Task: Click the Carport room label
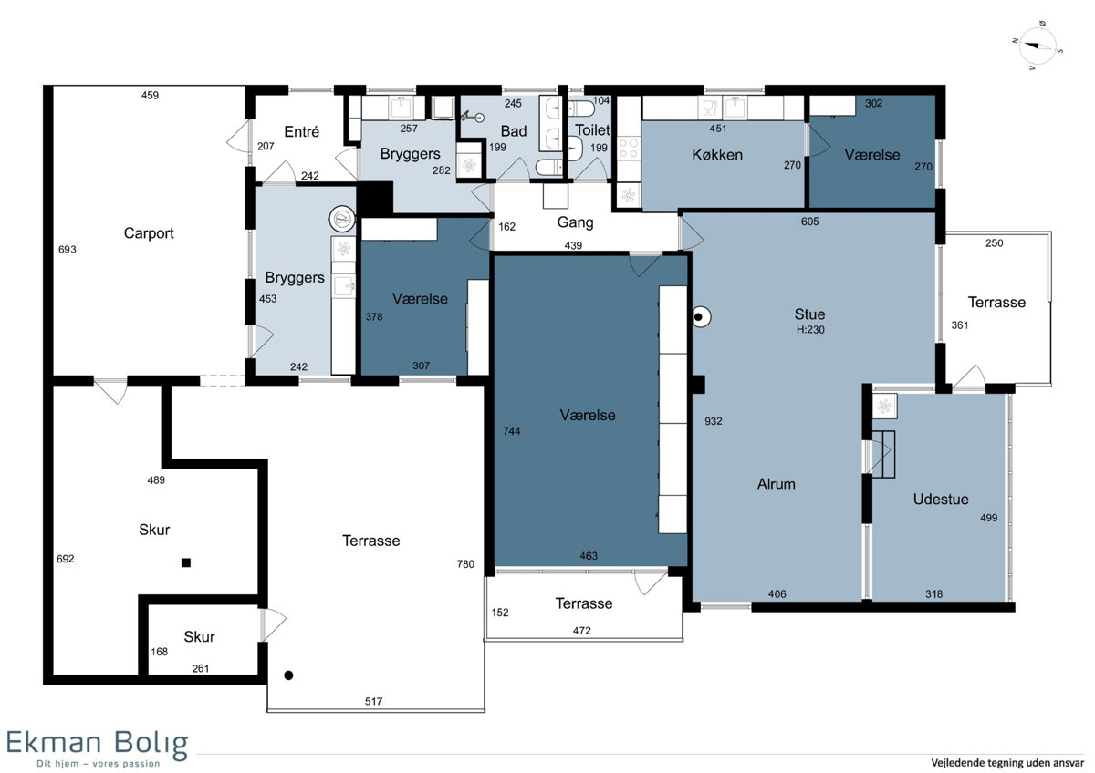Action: coord(149,233)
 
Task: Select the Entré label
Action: coord(302,131)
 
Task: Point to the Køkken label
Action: coord(717,155)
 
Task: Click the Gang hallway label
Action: coord(576,222)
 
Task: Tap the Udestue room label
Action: coord(941,499)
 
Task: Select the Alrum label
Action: coord(777,484)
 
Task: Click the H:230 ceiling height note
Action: coord(810,330)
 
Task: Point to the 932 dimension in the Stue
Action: coord(714,421)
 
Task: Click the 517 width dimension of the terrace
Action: coord(373,701)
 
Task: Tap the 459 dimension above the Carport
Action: coord(150,95)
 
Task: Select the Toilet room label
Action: coord(592,129)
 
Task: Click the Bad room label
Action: coord(514,131)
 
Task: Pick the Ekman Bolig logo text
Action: coord(98,742)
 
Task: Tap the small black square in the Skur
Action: coord(186,562)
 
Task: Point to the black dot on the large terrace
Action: coord(288,675)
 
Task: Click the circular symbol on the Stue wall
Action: coord(701,317)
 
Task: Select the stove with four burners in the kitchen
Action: coord(628,148)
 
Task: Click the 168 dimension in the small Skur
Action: coord(160,652)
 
